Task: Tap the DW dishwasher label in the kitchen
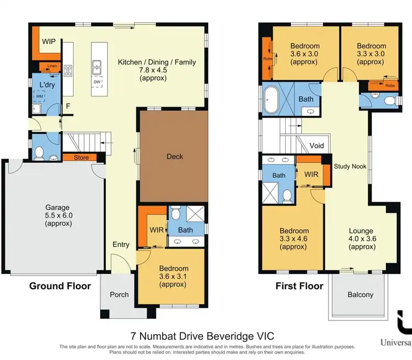(x=97, y=82)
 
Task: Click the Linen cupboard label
(x=52, y=66)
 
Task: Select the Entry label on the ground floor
(x=121, y=245)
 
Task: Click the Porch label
(x=119, y=295)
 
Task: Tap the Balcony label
(x=360, y=295)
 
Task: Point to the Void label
(x=317, y=146)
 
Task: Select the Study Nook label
(x=350, y=166)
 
